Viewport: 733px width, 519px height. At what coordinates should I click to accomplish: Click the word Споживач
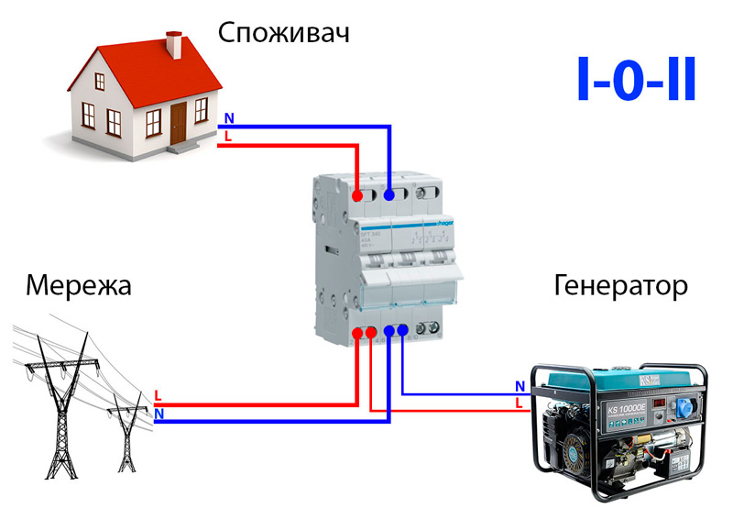[284, 34]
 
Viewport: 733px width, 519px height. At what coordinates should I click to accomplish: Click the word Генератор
[620, 286]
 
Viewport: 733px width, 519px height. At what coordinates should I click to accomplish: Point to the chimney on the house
[173, 46]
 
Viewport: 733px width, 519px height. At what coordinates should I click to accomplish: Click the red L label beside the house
[228, 137]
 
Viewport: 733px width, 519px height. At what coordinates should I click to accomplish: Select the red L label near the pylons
[159, 396]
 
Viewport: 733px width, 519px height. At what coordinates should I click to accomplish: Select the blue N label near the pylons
[159, 414]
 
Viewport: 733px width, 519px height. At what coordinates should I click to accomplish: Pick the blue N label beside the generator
[520, 386]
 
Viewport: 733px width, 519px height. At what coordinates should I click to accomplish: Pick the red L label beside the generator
[520, 403]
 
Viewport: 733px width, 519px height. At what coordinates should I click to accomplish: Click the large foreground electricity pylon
[57, 403]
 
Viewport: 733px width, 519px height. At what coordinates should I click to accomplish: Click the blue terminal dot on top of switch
[389, 194]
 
